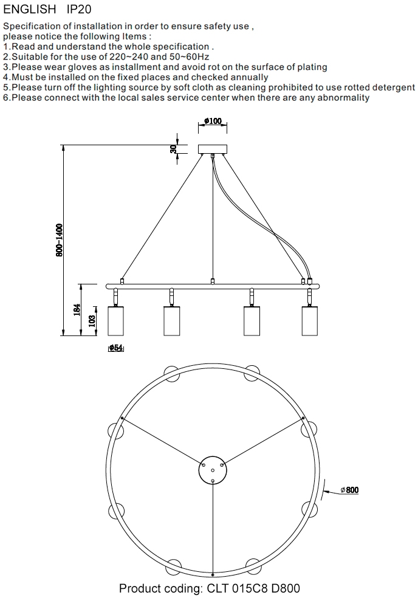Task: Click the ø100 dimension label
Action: point(213,121)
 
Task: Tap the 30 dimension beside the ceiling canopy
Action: point(174,149)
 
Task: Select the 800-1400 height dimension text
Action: point(59,240)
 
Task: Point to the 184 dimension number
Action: point(77,309)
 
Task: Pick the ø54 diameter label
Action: point(116,348)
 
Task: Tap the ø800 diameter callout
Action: point(350,490)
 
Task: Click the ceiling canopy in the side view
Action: point(213,149)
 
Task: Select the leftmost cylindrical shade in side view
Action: point(115,321)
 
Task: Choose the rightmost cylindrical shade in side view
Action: point(310,321)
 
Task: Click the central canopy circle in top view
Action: point(213,470)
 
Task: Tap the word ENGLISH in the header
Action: point(29,9)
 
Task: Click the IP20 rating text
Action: point(79,9)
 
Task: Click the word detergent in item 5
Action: point(394,88)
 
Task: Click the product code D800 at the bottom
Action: point(286,588)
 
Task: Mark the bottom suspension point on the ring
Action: point(213,574)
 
